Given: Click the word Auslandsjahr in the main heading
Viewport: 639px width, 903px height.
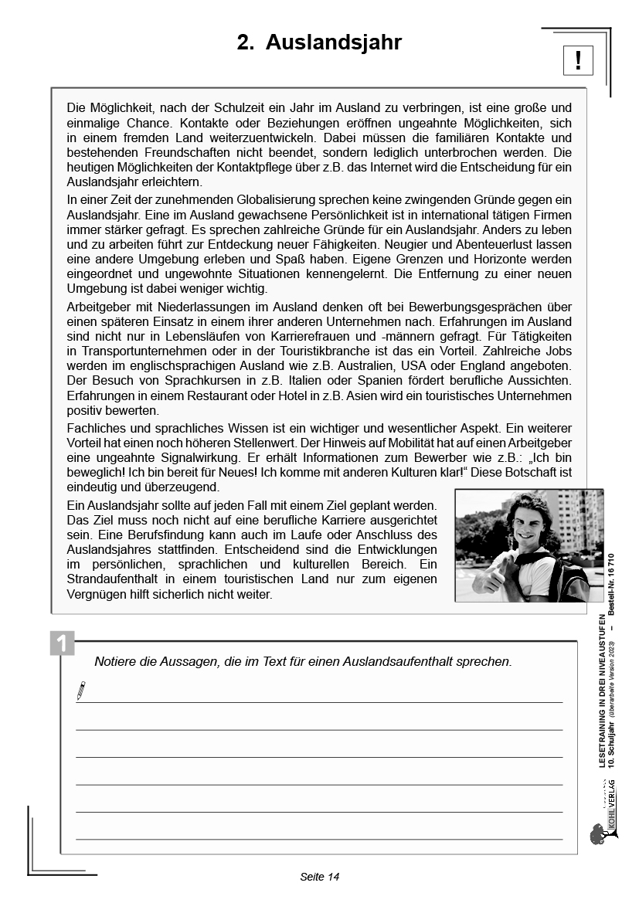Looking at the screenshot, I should pyautogui.click(x=334, y=43).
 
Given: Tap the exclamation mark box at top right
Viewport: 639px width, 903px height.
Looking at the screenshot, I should pyautogui.click(x=578, y=59).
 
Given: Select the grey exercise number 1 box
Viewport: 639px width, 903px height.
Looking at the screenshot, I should pyautogui.click(x=62, y=643).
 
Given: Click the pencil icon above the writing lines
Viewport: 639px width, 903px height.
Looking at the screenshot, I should pyautogui.click(x=81, y=691).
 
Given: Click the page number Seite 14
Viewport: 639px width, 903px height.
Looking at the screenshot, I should pyautogui.click(x=319, y=876).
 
